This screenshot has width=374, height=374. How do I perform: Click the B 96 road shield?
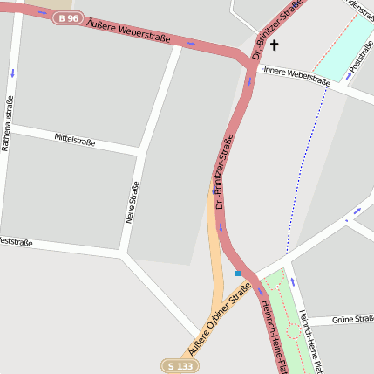69,17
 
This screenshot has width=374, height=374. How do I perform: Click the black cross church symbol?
274,45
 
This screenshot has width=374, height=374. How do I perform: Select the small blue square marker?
237,273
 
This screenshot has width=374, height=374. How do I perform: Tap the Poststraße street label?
360,55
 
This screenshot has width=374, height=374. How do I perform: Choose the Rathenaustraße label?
9,123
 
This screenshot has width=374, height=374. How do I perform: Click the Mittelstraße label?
74,140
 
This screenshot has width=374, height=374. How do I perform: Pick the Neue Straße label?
133,202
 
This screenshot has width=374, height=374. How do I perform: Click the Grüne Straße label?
352,320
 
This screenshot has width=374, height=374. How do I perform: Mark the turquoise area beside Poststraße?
343,48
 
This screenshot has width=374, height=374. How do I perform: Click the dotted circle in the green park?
293,331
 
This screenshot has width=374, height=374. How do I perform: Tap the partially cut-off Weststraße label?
16,240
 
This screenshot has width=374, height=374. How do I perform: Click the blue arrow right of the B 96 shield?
43,12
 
